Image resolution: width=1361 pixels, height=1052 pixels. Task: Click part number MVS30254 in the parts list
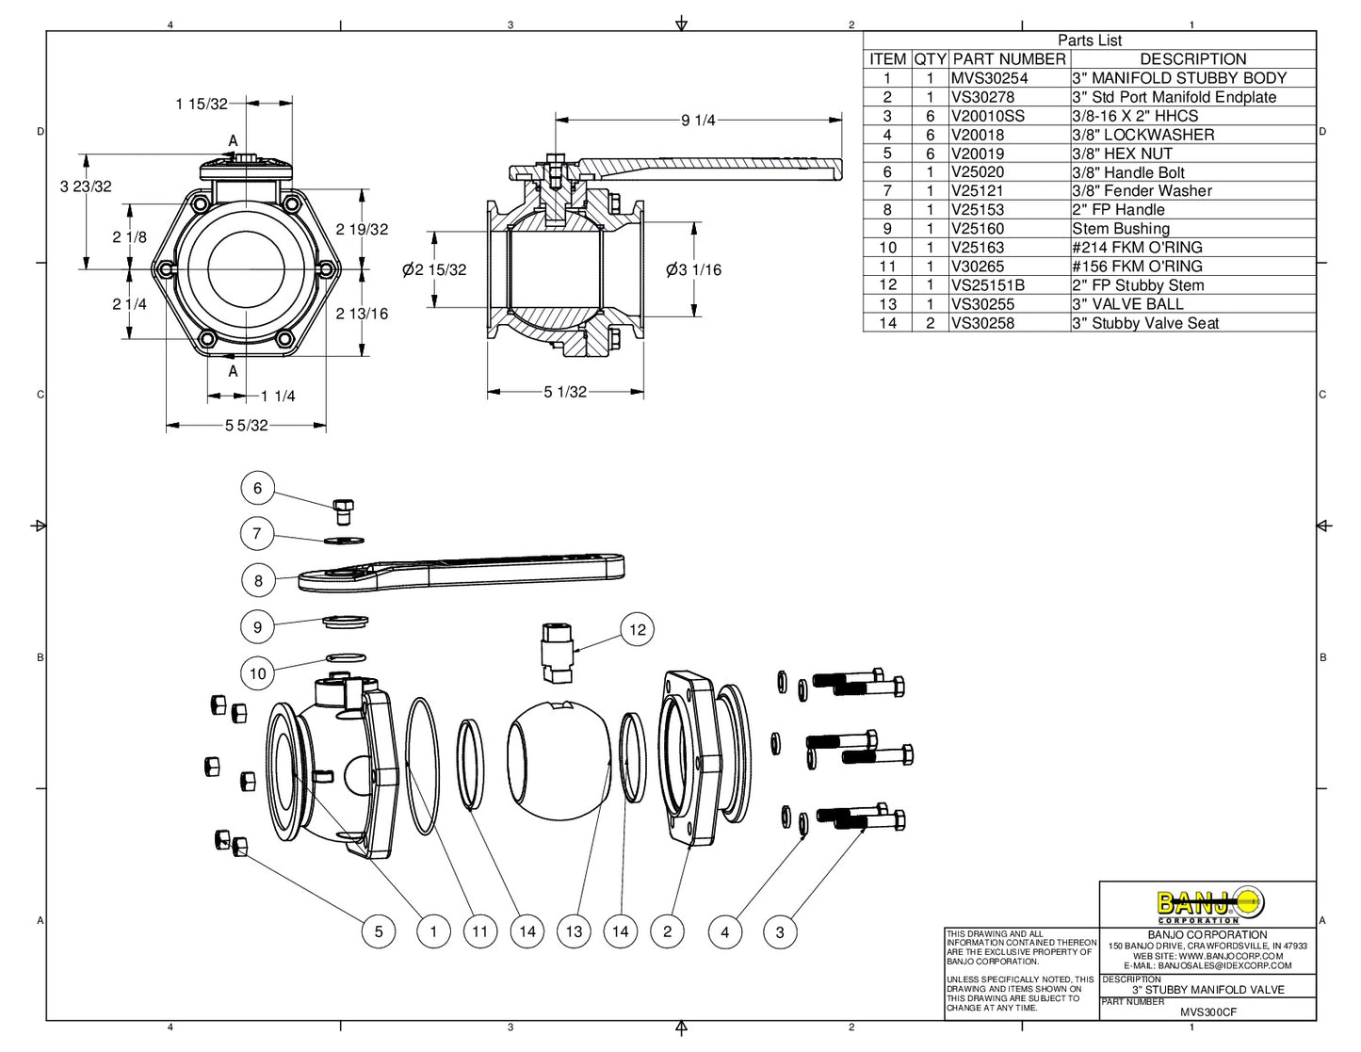[989, 78]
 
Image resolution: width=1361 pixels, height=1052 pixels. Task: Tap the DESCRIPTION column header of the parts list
[1192, 59]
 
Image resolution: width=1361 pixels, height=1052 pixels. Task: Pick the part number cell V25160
[978, 229]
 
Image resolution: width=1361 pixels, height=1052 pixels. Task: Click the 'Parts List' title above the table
[1089, 40]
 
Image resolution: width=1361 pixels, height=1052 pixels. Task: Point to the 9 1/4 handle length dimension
[698, 121]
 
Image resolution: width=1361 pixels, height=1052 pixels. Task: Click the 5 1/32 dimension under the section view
[565, 392]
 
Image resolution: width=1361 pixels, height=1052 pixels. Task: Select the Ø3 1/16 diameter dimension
[693, 270]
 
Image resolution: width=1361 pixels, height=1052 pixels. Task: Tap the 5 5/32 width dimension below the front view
[246, 426]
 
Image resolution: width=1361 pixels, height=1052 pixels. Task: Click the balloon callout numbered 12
[638, 629]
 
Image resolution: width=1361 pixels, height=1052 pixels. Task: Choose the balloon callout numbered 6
[257, 488]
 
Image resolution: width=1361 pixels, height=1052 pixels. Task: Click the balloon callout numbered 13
[574, 931]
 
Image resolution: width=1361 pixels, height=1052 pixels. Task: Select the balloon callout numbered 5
[379, 931]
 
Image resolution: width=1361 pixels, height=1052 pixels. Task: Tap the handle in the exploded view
[462, 573]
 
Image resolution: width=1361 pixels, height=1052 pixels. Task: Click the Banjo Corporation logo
[1207, 905]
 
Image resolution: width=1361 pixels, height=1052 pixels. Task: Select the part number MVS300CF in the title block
[1208, 1012]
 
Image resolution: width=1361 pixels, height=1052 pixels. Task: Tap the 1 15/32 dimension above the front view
[202, 104]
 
